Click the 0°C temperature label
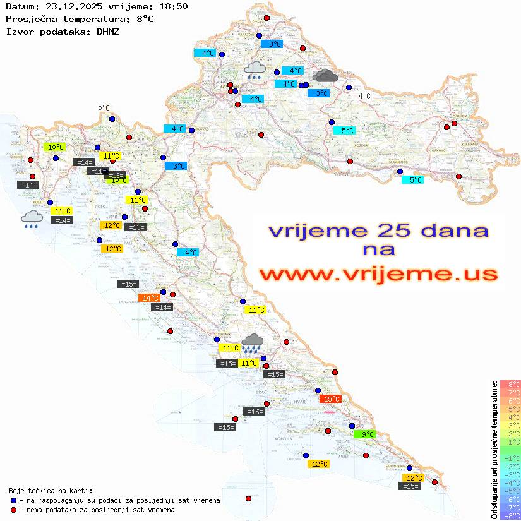[x=104, y=108]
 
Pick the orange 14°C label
[x=150, y=297]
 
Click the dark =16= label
[x=253, y=412]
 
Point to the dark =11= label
[x=97, y=171]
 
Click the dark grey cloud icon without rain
[x=325, y=76]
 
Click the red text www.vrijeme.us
[x=378, y=274]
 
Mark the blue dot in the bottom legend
[x=13, y=500]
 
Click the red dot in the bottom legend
[x=13, y=510]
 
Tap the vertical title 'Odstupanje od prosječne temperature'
[x=494, y=449]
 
